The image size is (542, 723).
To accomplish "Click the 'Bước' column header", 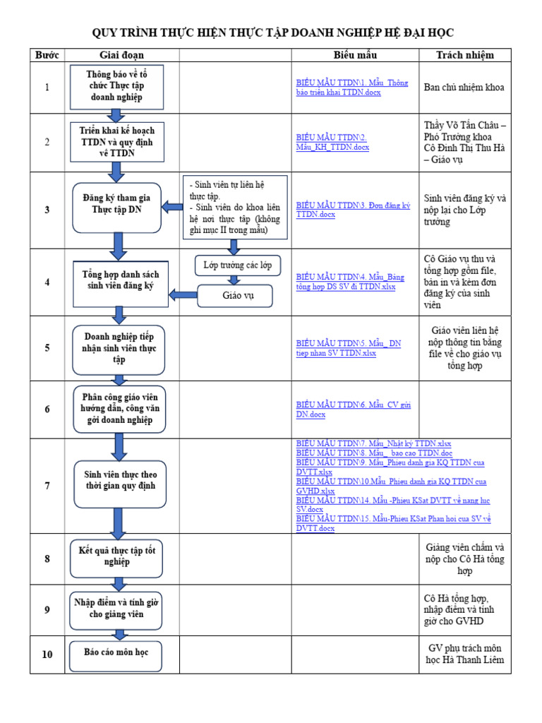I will (x=47, y=55).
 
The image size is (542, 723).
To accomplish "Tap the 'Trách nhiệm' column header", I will (x=464, y=55).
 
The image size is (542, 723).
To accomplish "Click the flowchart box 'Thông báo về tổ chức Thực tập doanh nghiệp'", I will (x=116, y=85).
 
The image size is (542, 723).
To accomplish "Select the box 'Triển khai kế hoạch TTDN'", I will (x=117, y=141).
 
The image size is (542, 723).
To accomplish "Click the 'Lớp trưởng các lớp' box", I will (x=237, y=265).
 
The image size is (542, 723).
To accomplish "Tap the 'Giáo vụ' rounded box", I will (x=237, y=296).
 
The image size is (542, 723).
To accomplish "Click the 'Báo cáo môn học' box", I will (x=116, y=652).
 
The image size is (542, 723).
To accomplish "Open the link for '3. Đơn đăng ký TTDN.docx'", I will (x=353, y=210).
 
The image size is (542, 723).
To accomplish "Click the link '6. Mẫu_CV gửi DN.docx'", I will (x=353, y=410).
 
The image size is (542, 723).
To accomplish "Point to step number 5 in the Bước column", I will (x=47, y=348).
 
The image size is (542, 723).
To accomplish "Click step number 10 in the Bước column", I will (x=47, y=655).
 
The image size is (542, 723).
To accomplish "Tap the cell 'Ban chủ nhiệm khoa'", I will (x=464, y=88).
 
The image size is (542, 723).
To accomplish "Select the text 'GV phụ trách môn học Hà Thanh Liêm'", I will (x=464, y=654).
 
